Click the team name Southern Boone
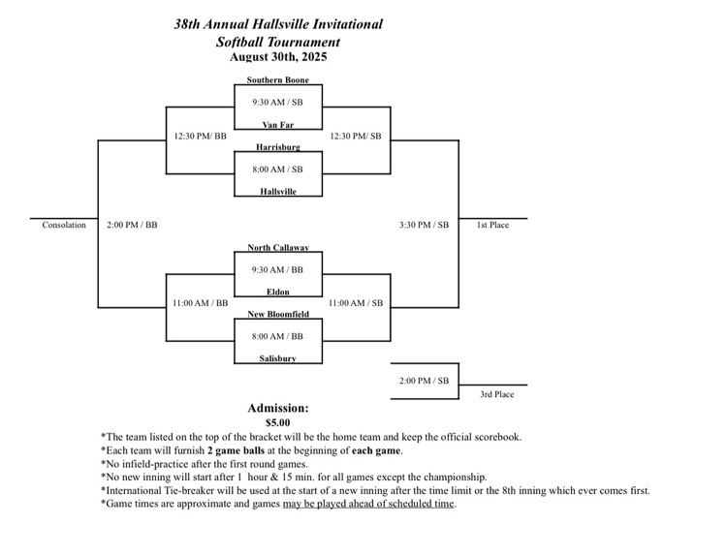tap(277, 79)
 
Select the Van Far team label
tap(277, 124)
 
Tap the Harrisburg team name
tap(277, 147)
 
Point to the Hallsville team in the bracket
tap(277, 192)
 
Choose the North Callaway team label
tap(277, 247)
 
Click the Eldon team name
tap(277, 292)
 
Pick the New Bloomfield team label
tap(277, 314)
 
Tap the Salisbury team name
tap(277, 358)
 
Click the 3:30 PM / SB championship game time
tap(424, 225)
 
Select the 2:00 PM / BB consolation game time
tap(132, 225)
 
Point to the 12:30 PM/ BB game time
tap(200, 136)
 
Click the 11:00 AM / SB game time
tap(356, 303)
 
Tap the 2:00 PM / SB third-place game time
tap(424, 381)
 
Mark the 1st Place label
tap(492, 225)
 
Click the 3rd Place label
tap(497, 394)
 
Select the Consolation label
tap(64, 225)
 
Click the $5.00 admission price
tap(278, 422)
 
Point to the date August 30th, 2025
tap(278, 57)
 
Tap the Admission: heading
tap(278, 408)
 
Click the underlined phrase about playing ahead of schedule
tap(368, 504)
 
